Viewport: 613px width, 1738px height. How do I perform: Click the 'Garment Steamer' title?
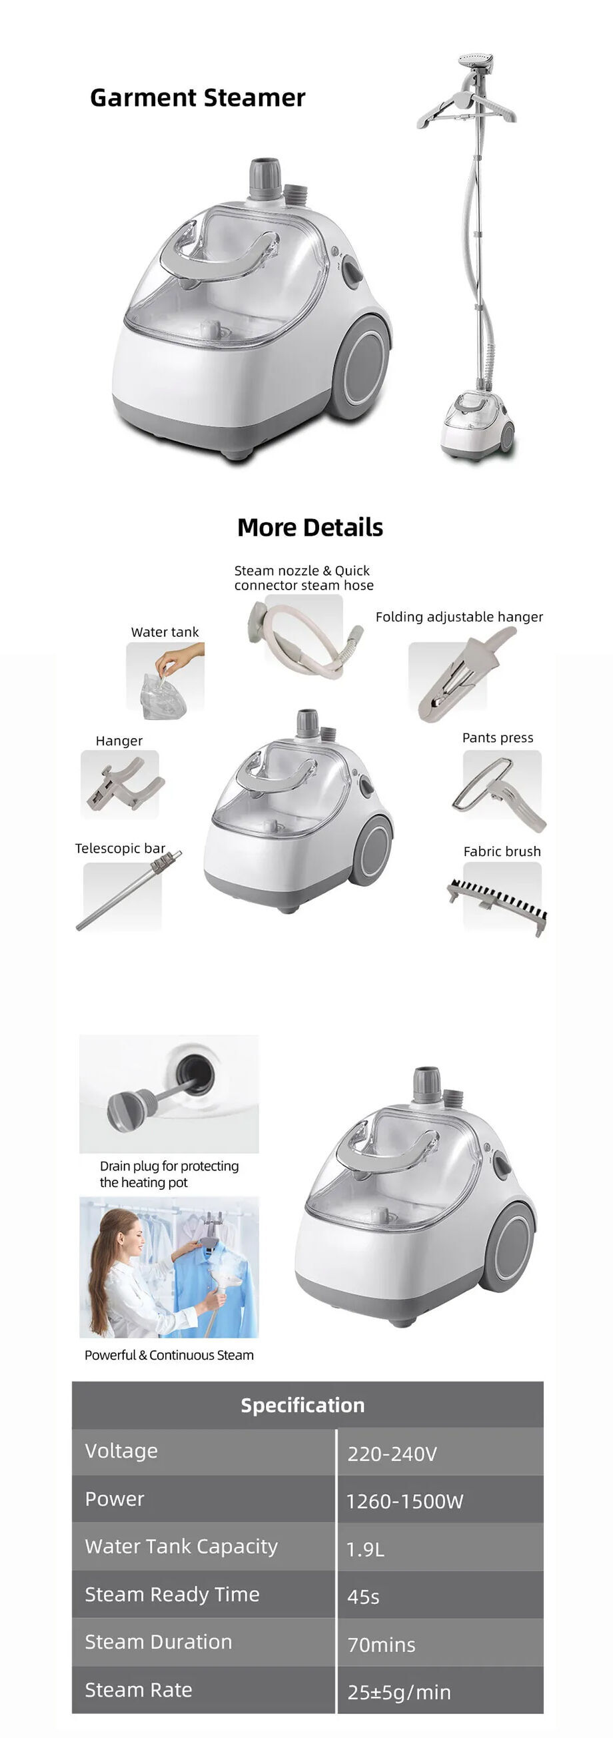click(x=197, y=98)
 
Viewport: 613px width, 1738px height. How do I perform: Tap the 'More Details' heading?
click(x=310, y=527)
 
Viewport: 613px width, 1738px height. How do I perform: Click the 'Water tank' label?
click(x=165, y=632)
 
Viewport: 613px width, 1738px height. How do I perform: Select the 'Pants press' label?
click(x=498, y=737)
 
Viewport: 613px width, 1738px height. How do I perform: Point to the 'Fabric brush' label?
click(x=502, y=851)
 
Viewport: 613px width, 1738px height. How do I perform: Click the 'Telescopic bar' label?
click(x=120, y=848)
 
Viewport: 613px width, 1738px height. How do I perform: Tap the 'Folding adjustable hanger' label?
click(x=459, y=617)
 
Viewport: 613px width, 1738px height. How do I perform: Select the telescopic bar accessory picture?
click(x=129, y=891)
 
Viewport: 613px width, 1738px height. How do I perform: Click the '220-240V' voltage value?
click(x=392, y=1454)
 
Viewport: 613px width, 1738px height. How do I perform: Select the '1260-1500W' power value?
click(x=404, y=1502)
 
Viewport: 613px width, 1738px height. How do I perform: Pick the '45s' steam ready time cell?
click(x=363, y=1597)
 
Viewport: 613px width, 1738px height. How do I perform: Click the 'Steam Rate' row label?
click(x=139, y=1690)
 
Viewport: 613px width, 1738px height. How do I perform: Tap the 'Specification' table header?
click(x=303, y=1406)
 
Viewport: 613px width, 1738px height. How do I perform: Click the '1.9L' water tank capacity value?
click(x=365, y=1549)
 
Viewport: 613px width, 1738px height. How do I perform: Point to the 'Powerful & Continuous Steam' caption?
click(x=169, y=1355)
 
